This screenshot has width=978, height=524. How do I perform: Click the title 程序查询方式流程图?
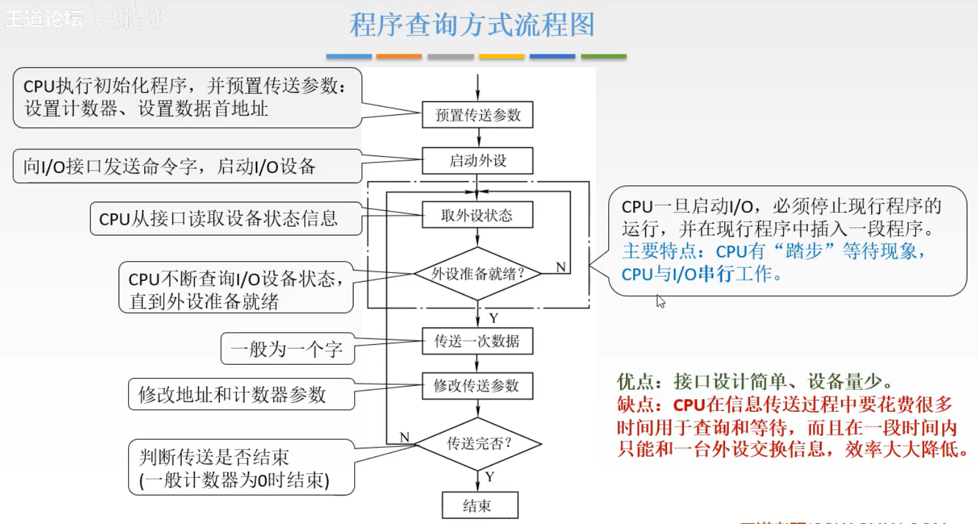pyautogui.click(x=472, y=25)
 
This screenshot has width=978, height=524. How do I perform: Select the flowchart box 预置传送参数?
pyautogui.click(x=478, y=115)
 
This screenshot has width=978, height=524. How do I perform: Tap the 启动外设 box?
pyautogui.click(x=478, y=161)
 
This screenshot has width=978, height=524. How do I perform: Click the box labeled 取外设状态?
pyautogui.click(x=478, y=215)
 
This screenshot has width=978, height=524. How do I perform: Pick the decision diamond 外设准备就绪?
pyautogui.click(x=478, y=274)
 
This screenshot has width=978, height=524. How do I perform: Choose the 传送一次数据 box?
pyautogui.click(x=478, y=341)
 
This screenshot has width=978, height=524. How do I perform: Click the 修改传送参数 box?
pyautogui.click(x=478, y=385)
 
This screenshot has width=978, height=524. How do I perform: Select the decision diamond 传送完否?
pyautogui.click(x=478, y=443)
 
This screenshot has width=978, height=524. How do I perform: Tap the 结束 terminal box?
pyautogui.click(x=480, y=505)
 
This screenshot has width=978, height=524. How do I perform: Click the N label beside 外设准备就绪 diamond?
pyautogui.click(x=561, y=267)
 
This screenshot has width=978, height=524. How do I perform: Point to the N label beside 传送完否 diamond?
pyautogui.click(x=405, y=437)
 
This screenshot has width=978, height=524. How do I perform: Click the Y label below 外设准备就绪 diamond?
pyautogui.click(x=493, y=318)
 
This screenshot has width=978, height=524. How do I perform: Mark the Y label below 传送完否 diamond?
pyautogui.click(x=490, y=477)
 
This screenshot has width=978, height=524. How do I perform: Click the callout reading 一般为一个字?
pyautogui.click(x=287, y=349)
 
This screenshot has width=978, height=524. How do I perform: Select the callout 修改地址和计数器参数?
pyautogui.click(x=232, y=394)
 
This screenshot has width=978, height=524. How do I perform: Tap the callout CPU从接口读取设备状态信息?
pyautogui.click(x=219, y=219)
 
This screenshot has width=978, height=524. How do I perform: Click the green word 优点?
pyautogui.click(x=635, y=381)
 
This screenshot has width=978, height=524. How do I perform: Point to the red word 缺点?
pyautogui.click(x=635, y=405)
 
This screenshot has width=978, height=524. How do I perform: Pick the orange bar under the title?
pyautogui.click(x=399, y=57)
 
